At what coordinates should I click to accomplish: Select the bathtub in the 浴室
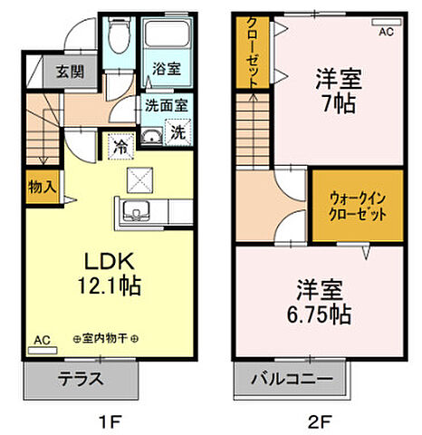tap(166, 37)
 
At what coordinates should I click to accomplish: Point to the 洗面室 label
tap(166, 103)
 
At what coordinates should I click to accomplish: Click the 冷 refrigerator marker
tap(120, 142)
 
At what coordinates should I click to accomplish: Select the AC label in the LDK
tap(42, 340)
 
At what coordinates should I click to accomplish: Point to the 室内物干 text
tap(108, 338)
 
